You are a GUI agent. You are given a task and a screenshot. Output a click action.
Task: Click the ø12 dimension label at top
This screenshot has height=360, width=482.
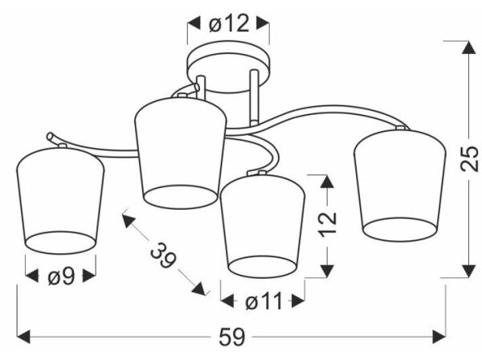click(x=229, y=23)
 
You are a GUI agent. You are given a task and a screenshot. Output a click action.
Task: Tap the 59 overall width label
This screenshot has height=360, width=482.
click(x=232, y=337)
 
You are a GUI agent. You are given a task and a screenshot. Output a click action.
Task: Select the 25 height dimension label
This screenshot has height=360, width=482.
click(x=469, y=158)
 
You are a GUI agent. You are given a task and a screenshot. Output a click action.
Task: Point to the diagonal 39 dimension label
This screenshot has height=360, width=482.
click(x=164, y=256)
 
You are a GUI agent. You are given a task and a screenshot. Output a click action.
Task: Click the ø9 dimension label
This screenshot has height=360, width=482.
click(x=61, y=276)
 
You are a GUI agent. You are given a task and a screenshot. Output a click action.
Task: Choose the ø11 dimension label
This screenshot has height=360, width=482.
click(x=263, y=301)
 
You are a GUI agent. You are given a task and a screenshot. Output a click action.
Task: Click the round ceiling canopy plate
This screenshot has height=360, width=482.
click(x=228, y=67)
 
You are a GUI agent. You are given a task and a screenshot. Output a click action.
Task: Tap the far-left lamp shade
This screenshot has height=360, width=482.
click(x=60, y=201)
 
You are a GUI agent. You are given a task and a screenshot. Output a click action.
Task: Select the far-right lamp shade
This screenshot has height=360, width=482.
click(x=399, y=186)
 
